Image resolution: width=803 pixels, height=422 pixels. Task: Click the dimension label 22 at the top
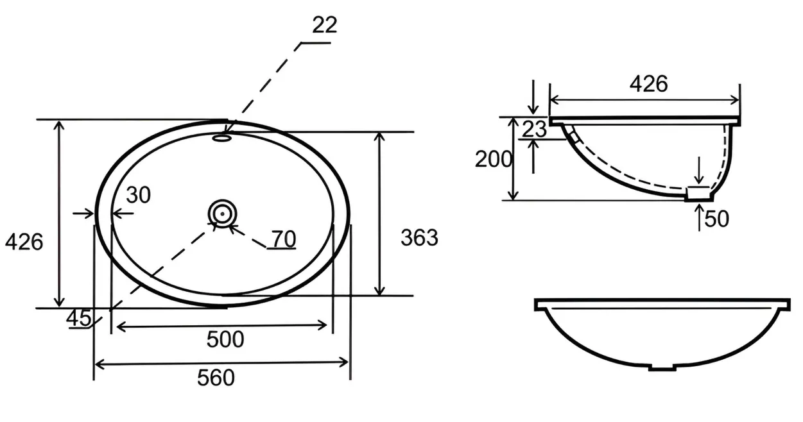(x=324, y=25)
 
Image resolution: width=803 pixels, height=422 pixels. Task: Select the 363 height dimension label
(x=419, y=237)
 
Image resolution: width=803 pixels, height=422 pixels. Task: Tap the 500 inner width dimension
(x=225, y=339)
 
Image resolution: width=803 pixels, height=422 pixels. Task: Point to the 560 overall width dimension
(x=216, y=378)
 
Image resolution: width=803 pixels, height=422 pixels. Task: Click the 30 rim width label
(x=139, y=195)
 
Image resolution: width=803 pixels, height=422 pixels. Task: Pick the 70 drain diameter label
(x=284, y=239)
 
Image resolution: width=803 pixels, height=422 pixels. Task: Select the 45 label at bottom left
(x=79, y=317)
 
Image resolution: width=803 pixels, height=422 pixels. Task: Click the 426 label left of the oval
(x=24, y=242)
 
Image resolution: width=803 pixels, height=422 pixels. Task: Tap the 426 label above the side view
(x=649, y=84)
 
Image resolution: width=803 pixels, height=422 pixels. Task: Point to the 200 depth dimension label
(x=494, y=159)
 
